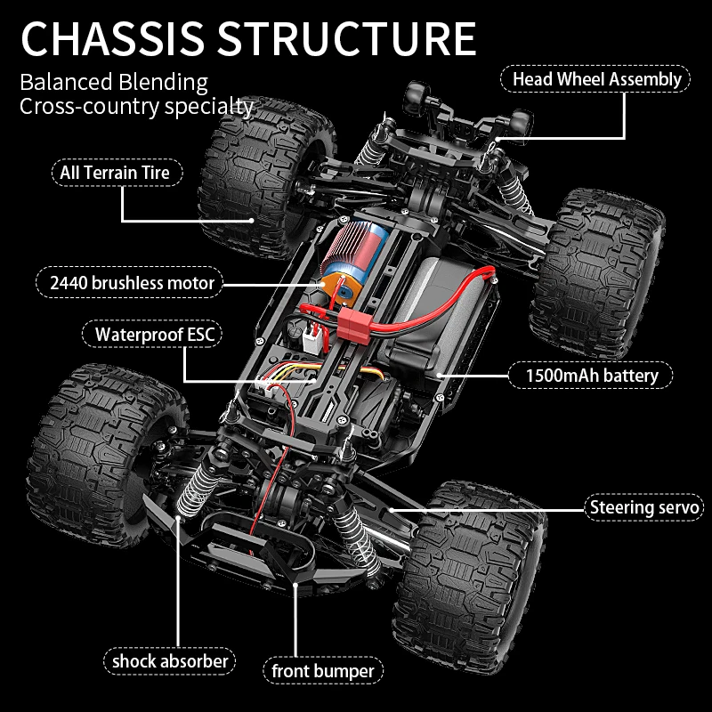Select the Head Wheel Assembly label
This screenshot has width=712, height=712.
(596, 78)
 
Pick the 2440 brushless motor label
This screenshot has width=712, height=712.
(133, 283)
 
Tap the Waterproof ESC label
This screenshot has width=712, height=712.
(151, 335)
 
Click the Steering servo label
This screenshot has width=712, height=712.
(645, 508)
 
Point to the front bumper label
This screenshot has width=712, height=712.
(323, 670)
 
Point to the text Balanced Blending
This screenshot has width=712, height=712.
(114, 83)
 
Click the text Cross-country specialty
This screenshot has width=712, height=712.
(136, 107)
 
